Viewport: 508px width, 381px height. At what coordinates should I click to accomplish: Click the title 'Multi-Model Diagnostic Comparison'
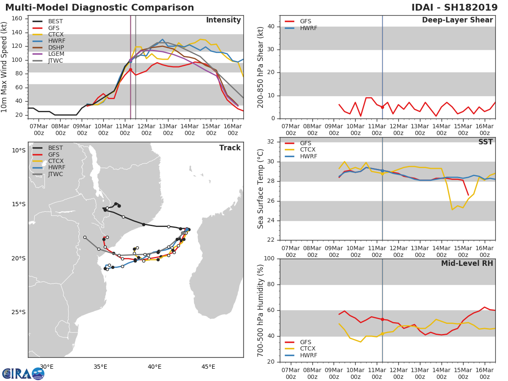click(99, 7)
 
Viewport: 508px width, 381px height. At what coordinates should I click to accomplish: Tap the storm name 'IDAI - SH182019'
click(454, 7)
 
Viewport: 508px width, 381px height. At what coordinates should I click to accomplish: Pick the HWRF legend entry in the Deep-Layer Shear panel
click(301, 28)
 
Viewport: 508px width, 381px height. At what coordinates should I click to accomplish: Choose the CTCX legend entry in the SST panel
click(300, 150)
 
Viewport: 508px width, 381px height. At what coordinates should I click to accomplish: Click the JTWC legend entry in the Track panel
click(48, 174)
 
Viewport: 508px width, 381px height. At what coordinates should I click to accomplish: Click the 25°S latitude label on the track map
click(19, 312)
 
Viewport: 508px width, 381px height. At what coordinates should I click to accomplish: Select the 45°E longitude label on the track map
click(208, 367)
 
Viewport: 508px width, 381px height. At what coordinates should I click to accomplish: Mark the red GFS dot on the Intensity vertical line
click(130, 69)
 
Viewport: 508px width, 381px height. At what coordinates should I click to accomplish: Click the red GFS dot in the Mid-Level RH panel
click(382, 320)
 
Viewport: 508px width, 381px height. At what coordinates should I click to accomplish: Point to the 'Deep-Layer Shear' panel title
click(457, 20)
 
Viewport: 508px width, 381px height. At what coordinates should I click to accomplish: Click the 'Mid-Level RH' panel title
click(467, 263)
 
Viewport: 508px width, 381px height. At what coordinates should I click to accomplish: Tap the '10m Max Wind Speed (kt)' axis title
click(4, 67)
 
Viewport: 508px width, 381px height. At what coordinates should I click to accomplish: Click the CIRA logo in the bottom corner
click(23, 374)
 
